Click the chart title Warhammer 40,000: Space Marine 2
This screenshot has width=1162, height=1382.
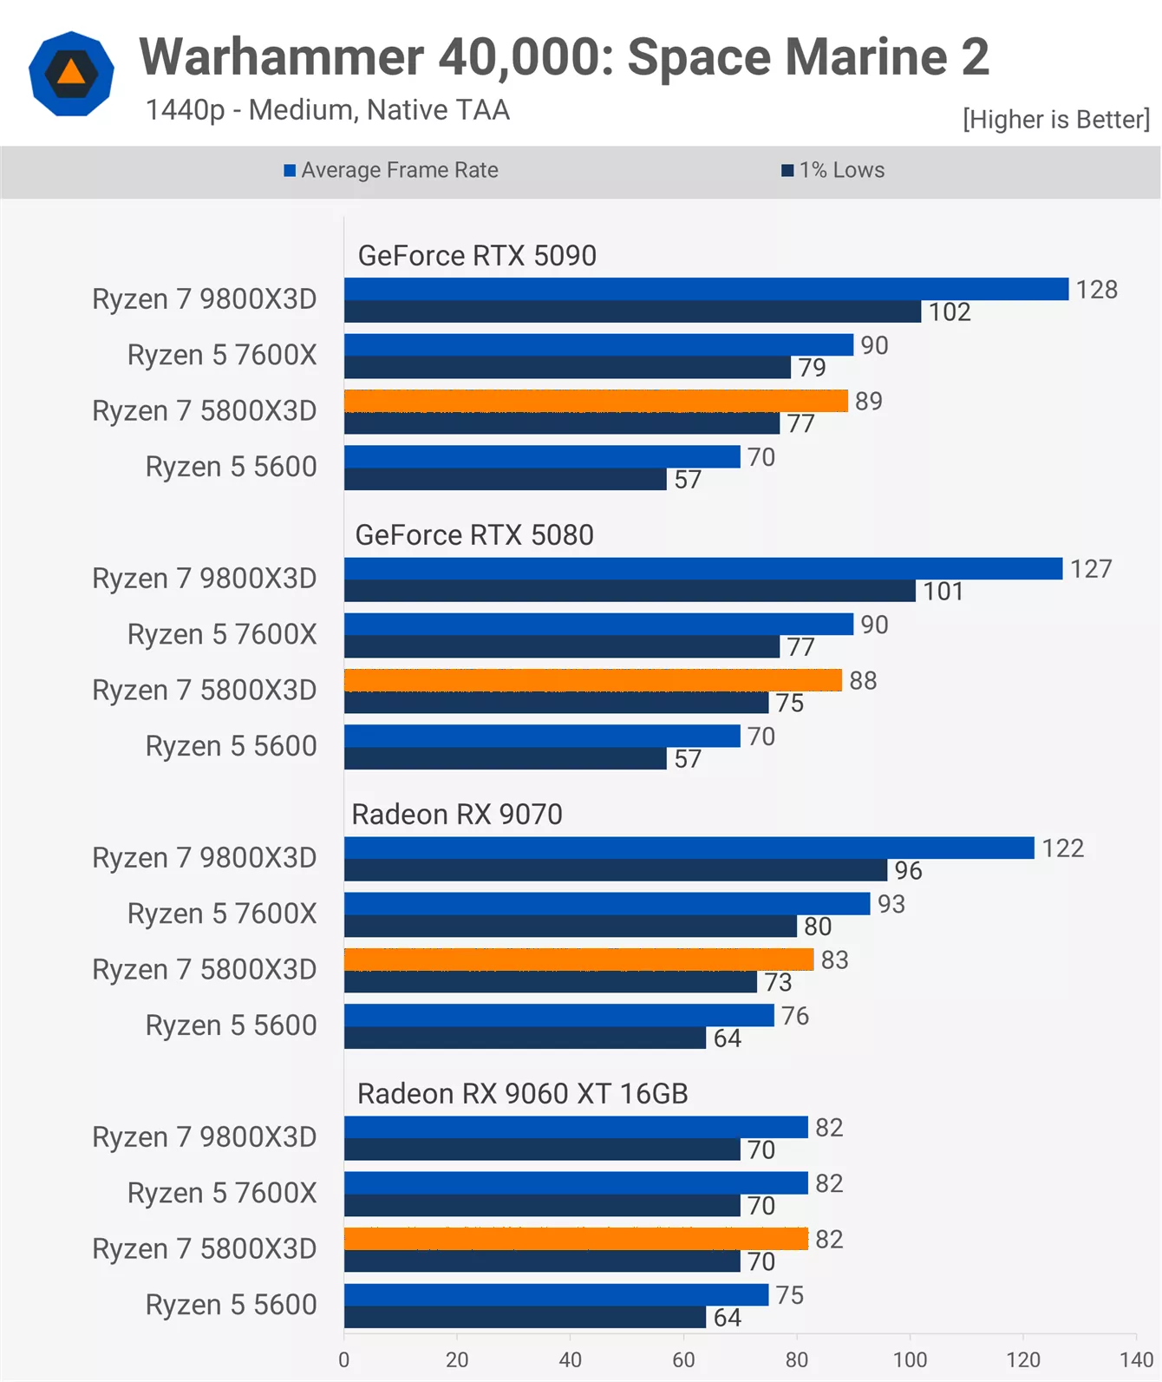point(564,57)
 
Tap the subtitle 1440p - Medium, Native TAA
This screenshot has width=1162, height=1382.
point(328,110)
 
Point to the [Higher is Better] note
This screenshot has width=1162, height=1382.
point(1056,119)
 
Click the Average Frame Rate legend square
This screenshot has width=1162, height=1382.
point(289,171)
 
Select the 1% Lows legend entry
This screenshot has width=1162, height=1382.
point(833,170)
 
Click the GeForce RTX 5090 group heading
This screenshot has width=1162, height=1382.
point(477,255)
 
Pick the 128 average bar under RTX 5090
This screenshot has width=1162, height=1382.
point(706,289)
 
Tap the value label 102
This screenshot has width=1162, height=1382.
point(950,311)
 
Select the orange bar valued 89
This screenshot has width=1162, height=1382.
point(596,401)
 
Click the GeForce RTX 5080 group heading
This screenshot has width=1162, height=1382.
point(474,534)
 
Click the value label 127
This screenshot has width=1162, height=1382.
point(1091,568)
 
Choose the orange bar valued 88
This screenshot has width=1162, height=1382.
point(593,680)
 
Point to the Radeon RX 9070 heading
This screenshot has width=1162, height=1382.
point(457,814)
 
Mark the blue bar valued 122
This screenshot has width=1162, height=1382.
point(689,848)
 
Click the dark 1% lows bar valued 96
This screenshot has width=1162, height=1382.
point(616,870)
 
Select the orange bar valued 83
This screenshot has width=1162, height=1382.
point(579,960)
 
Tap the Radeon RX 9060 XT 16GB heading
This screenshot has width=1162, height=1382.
point(523,1093)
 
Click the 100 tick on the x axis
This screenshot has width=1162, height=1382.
point(910,1359)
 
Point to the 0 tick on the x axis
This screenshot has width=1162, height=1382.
point(344,1359)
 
